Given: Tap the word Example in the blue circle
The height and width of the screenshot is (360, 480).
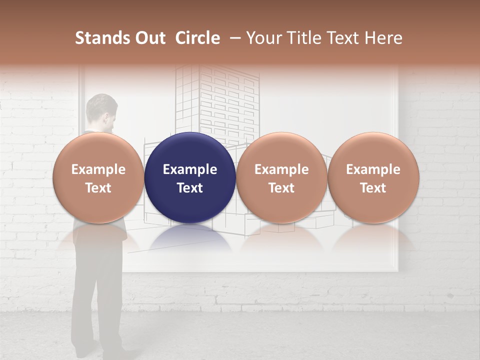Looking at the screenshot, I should pos(190,169).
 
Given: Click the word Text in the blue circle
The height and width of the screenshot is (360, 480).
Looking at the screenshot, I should pos(190,188).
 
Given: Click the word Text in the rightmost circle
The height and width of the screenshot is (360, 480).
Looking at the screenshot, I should pos(373,188).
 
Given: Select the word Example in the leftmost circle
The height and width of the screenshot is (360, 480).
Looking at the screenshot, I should pos(98,169).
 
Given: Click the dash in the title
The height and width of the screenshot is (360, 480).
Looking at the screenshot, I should pos(233,38).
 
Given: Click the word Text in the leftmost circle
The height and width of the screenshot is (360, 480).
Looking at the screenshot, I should pos(98,188).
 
